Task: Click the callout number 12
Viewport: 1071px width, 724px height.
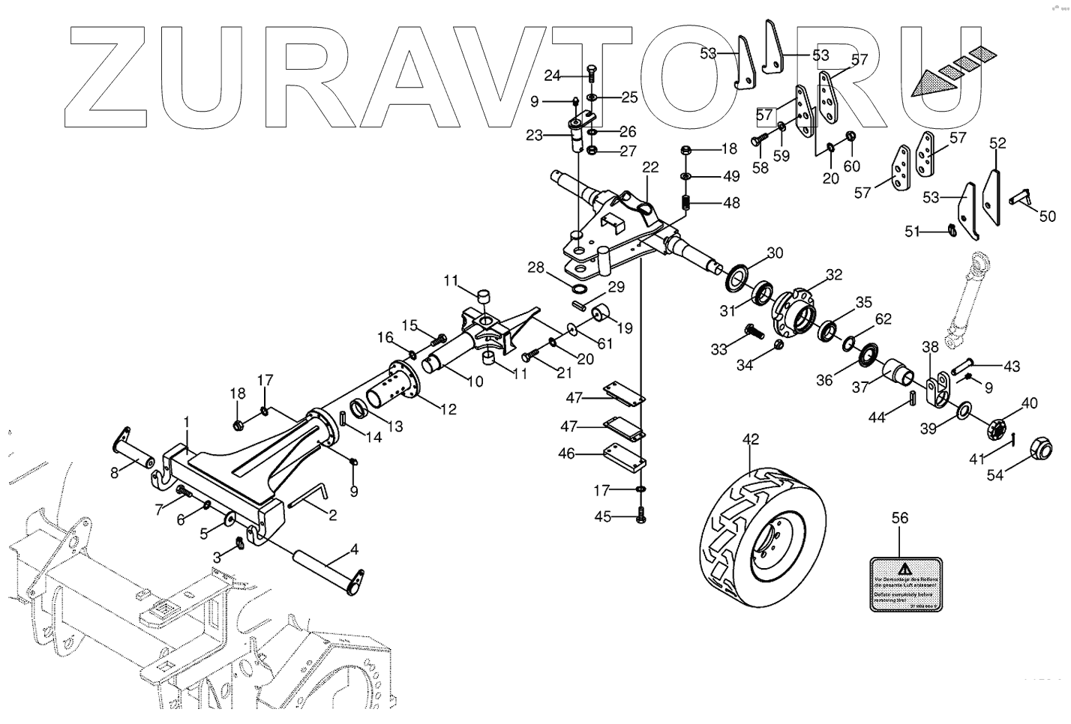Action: point(448,409)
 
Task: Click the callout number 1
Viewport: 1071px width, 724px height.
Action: point(187,424)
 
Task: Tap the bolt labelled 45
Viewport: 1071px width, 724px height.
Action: point(641,516)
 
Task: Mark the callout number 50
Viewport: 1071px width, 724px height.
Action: point(1047,216)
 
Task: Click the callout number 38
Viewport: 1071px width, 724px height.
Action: point(930,348)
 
